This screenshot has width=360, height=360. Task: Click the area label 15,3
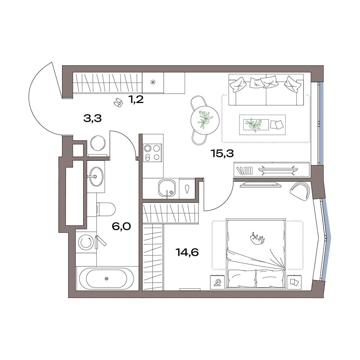[222, 154]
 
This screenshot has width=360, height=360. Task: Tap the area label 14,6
[187, 252]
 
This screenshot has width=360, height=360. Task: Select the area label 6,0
[121, 226]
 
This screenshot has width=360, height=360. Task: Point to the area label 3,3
[93, 119]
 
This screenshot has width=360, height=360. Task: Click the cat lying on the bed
[257, 239]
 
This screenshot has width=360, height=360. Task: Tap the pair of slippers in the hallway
[118, 102]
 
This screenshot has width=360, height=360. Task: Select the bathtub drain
[106, 279]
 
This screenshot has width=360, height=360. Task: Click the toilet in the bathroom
[105, 209]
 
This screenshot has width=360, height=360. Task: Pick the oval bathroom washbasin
[96, 177]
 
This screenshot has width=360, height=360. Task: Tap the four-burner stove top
[152, 152]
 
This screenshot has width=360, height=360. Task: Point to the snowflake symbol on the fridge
[153, 82]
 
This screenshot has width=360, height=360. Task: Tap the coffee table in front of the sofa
[262, 125]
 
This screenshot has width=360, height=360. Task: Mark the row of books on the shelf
[245, 170]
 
